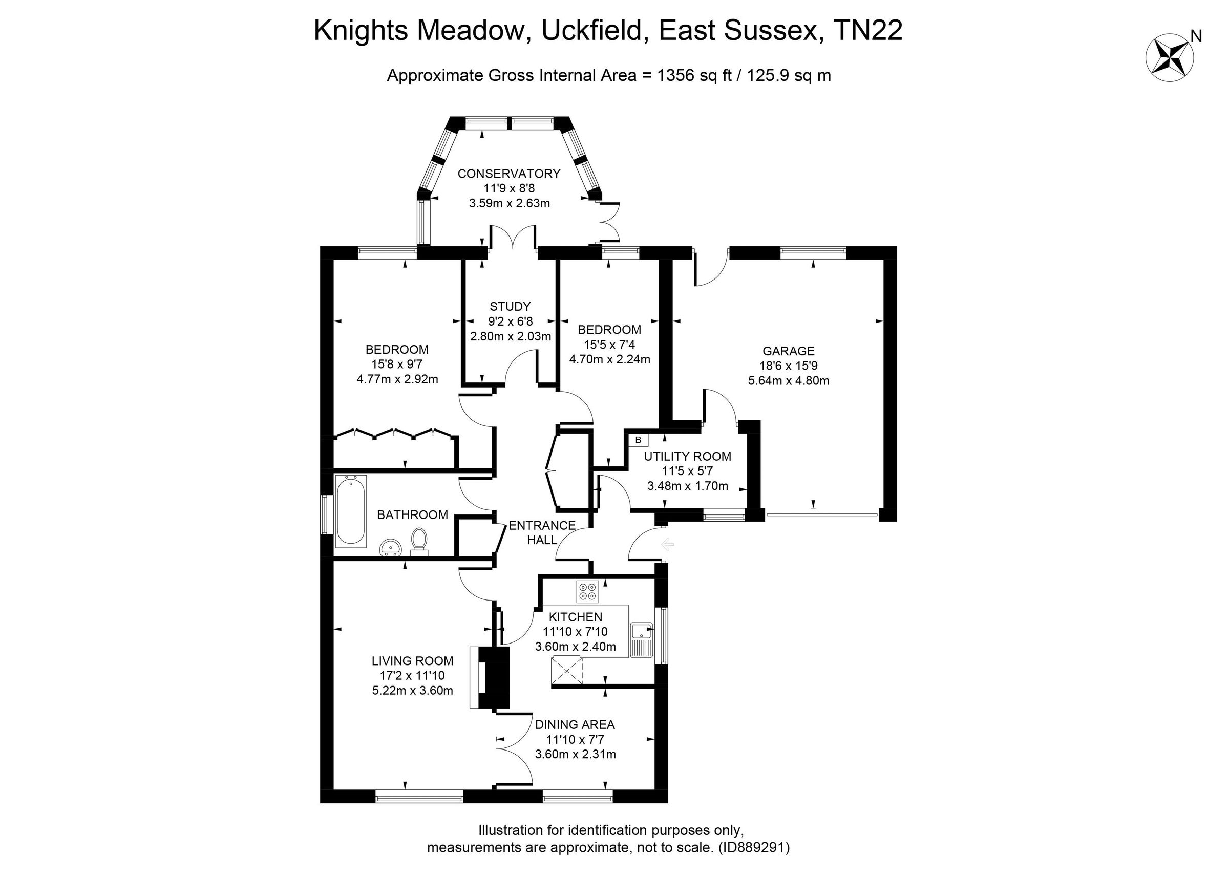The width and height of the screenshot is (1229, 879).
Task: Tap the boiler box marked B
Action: (638, 439)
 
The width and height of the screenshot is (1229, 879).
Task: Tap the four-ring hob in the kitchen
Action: (587, 591)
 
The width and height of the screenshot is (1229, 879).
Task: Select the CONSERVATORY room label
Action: (508, 174)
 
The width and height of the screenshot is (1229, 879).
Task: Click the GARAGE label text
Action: (788, 351)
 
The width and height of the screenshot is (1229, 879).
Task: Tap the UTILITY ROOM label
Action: (687, 456)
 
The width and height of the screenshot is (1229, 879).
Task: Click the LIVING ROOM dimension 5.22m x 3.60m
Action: (413, 691)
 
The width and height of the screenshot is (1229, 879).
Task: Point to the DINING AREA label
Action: (575, 724)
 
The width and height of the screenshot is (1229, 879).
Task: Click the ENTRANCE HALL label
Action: (542, 532)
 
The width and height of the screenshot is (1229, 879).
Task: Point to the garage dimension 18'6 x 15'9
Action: (788, 366)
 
